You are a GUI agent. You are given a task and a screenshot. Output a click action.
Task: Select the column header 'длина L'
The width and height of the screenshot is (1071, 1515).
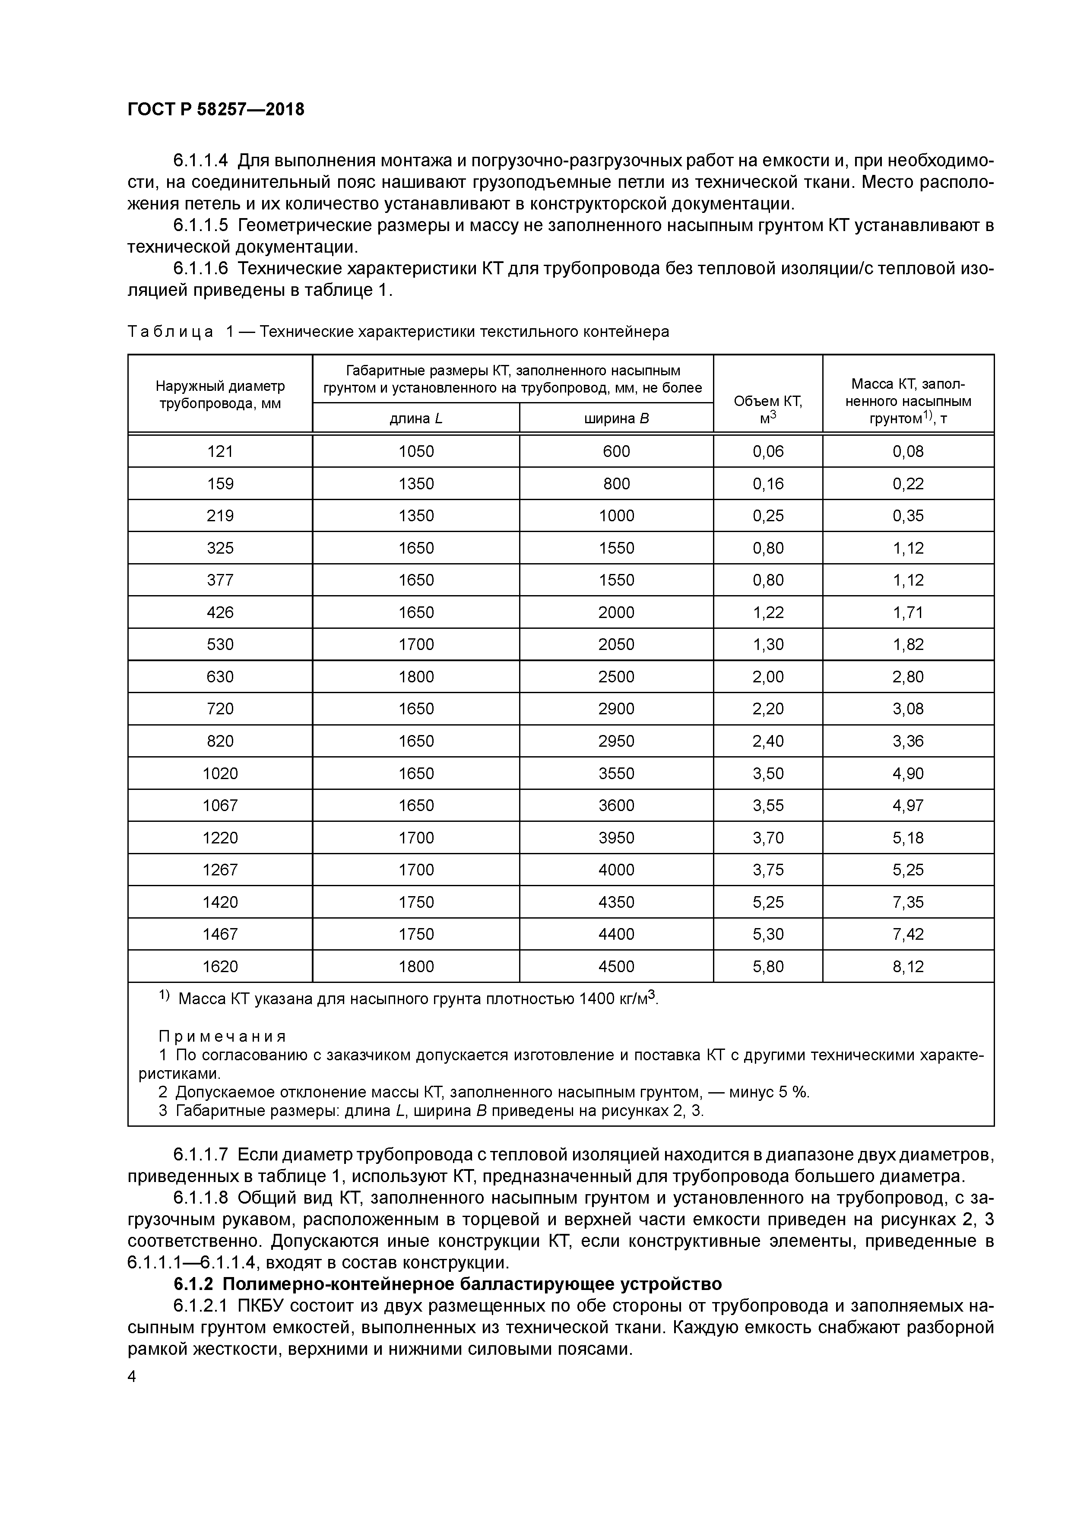click(x=416, y=418)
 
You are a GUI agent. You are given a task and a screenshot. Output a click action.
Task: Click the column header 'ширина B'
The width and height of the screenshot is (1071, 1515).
click(x=616, y=418)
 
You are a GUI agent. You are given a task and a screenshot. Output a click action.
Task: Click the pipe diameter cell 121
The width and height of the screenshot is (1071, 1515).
click(x=220, y=451)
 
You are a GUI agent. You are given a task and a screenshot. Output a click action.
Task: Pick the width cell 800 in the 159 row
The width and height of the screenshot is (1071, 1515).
click(x=616, y=484)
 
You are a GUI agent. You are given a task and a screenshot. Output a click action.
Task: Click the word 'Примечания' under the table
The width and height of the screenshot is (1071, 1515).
click(x=222, y=1036)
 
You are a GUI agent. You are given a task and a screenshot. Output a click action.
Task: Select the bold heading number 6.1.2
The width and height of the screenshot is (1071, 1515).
click(x=195, y=1284)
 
